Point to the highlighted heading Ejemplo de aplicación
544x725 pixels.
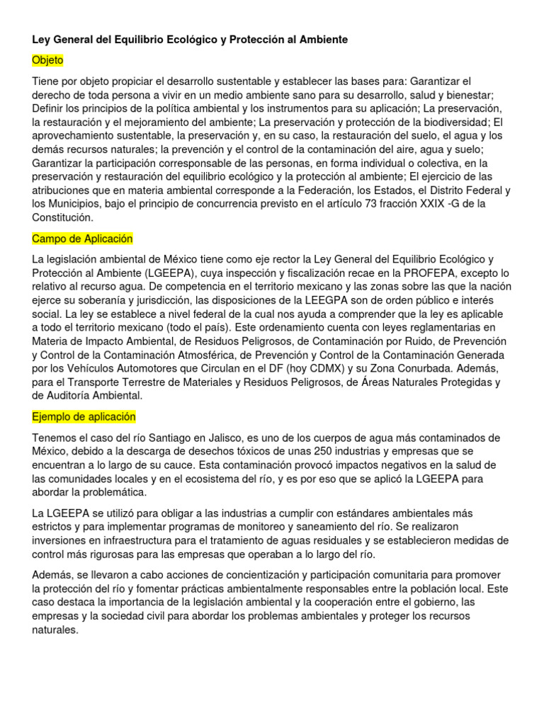[x=84, y=417]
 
